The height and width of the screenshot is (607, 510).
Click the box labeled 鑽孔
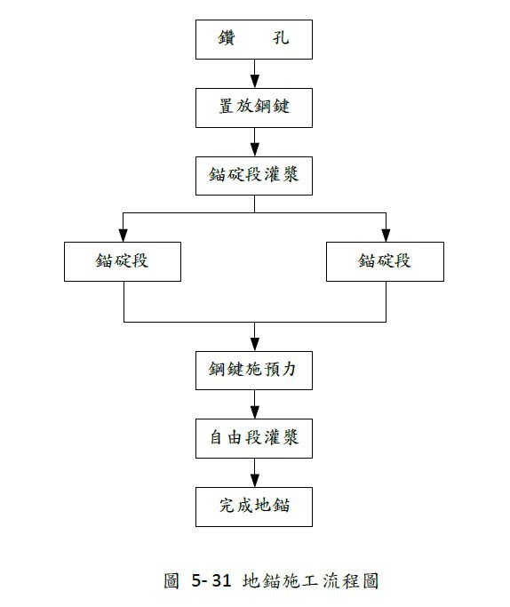click(x=254, y=39)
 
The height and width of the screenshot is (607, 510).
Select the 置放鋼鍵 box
click(x=254, y=107)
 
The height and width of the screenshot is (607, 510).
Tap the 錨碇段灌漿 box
click(x=254, y=174)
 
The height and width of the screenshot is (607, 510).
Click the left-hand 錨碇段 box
click(x=123, y=261)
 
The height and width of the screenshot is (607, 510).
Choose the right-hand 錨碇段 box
click(x=386, y=261)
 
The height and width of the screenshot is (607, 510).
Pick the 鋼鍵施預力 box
click(x=254, y=370)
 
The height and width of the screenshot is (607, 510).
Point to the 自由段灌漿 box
click(x=254, y=437)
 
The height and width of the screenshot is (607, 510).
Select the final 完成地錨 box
click(x=254, y=507)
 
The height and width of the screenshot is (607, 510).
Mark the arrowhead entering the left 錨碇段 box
click(x=123, y=235)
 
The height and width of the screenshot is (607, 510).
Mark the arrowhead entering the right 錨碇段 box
click(x=386, y=235)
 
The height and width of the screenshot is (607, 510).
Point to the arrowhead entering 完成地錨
click(x=254, y=479)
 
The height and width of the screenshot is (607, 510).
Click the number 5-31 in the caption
click(x=211, y=581)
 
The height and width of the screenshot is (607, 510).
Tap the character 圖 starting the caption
click(x=173, y=581)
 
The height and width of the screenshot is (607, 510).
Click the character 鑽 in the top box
click(x=227, y=39)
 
